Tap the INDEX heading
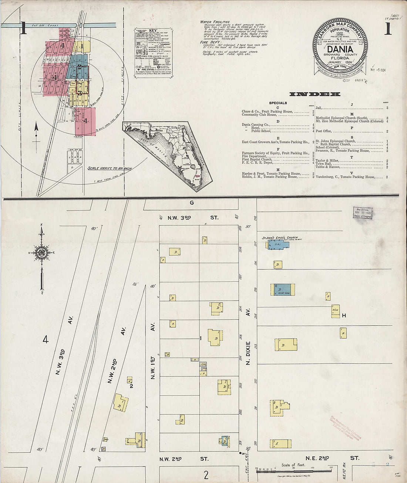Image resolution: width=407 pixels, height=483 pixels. (314, 94)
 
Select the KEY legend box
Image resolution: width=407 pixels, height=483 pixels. (149, 52)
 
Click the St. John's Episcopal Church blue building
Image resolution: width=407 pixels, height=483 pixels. (279, 244)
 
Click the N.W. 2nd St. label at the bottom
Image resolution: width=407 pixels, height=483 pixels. (184, 459)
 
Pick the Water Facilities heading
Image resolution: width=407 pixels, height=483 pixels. (215, 22)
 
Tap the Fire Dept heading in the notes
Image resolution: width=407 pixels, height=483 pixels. (211, 42)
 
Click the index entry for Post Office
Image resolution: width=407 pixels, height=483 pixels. (324, 131)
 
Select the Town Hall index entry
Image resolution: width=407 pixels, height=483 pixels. (323, 164)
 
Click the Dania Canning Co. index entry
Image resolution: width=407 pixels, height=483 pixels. (256, 125)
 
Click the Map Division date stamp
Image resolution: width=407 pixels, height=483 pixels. (363, 212)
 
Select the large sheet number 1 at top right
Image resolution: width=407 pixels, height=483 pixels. (387, 28)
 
